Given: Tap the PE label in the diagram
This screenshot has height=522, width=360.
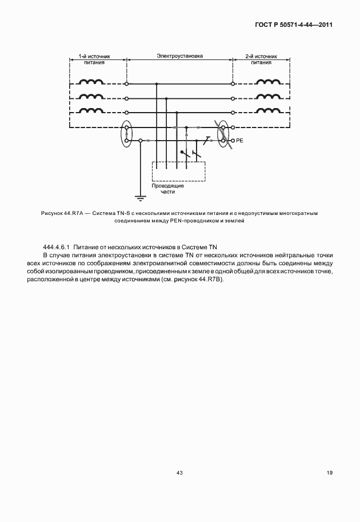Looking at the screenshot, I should (x=240, y=140).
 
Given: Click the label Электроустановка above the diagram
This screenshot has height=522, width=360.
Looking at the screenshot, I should (x=179, y=57).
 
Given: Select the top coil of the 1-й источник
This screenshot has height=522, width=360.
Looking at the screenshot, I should (x=91, y=83).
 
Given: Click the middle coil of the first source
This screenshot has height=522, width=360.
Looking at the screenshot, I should (x=91, y=98).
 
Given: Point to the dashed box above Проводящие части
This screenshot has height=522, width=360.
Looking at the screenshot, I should (x=178, y=172).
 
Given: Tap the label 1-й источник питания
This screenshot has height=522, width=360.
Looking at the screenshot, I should (x=94, y=60).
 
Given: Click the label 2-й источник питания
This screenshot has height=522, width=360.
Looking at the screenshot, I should (x=261, y=60).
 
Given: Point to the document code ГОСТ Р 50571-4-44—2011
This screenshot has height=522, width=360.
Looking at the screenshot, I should (x=294, y=25).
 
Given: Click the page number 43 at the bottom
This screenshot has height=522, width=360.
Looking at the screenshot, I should (x=179, y=472).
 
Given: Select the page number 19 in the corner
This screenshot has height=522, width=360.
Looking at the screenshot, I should (x=329, y=472).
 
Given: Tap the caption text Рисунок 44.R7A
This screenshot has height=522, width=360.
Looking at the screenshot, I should (x=62, y=213).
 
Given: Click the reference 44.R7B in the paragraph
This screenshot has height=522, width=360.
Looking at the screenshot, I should (x=211, y=280).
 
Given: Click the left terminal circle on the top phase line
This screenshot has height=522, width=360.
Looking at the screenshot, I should (x=126, y=83).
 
